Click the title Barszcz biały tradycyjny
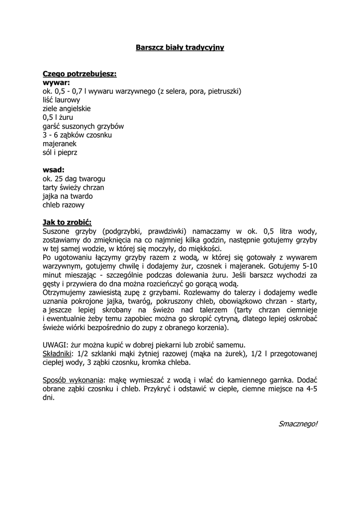click(180, 48)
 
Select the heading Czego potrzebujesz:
click(80, 74)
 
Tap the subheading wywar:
click(56, 83)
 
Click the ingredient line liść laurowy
click(61, 100)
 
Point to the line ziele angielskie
click(67, 109)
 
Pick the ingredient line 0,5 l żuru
click(58, 117)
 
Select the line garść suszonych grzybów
click(83, 126)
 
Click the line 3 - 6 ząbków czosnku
click(77, 135)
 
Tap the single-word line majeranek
click(60, 144)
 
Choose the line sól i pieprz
click(60, 153)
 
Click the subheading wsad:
click(54, 170)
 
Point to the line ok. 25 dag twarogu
click(74, 178)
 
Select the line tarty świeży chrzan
click(73, 187)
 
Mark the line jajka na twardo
click(68, 196)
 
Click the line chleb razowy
click(64, 205)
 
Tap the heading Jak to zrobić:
click(67, 222)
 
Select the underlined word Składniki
click(57, 354)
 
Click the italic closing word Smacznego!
click(298, 424)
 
